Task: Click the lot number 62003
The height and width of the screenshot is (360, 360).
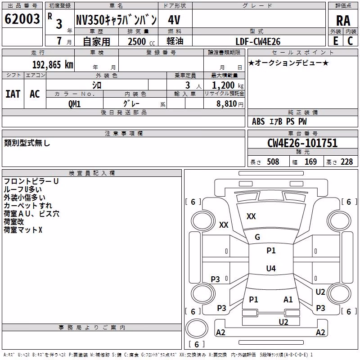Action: click(x=22, y=19)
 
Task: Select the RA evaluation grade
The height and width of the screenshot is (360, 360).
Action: click(x=343, y=21)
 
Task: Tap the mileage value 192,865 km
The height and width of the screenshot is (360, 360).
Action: click(x=53, y=65)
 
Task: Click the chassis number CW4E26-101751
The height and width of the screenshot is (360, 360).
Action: click(x=302, y=143)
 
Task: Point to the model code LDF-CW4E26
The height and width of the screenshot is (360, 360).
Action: click(x=258, y=41)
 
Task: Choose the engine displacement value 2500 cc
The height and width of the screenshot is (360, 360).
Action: click(x=141, y=41)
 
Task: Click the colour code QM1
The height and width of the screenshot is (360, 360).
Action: click(x=74, y=104)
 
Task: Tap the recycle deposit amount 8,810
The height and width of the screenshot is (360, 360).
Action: click(x=226, y=104)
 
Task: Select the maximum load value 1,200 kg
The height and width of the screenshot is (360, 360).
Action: click(x=228, y=85)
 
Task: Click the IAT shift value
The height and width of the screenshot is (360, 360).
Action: click(x=13, y=94)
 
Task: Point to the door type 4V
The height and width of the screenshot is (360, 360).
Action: click(x=174, y=20)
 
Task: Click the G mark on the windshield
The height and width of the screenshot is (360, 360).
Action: click(x=257, y=237)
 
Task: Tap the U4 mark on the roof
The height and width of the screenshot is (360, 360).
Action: click(x=271, y=268)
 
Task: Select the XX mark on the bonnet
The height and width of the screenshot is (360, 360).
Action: click(x=251, y=216)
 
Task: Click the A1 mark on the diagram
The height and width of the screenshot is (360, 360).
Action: click(x=288, y=300)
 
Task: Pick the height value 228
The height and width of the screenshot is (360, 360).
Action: click(x=346, y=162)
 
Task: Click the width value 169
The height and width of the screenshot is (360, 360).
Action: click(x=310, y=162)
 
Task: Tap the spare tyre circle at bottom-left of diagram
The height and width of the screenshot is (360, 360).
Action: click(x=197, y=328)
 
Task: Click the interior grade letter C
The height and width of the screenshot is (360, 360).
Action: click(x=350, y=41)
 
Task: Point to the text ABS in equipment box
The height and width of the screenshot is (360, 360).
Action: click(x=258, y=121)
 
